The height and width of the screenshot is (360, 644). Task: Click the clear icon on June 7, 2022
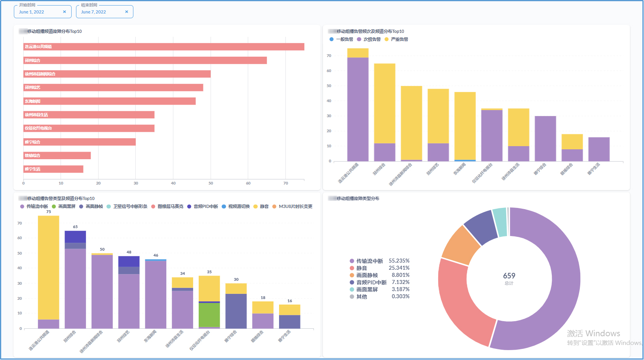tap(127, 12)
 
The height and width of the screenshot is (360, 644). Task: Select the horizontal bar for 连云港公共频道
tap(163, 47)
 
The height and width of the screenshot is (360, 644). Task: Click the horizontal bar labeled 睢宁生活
tap(53, 169)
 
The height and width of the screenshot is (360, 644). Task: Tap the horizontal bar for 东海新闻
tap(110, 101)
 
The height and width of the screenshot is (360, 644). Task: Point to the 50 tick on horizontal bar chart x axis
tap(211, 183)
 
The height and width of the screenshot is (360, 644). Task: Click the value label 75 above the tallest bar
tap(49, 212)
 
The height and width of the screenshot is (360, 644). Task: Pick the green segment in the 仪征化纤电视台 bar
tap(209, 315)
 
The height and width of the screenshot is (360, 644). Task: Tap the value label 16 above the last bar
tap(290, 301)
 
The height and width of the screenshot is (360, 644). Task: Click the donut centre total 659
tap(509, 276)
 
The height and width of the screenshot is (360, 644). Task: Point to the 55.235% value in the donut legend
tap(399, 261)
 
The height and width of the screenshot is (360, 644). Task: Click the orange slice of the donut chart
tap(455, 245)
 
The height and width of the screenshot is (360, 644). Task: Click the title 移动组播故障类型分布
tap(358, 198)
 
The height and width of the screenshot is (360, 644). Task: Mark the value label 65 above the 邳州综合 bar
tap(75, 227)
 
